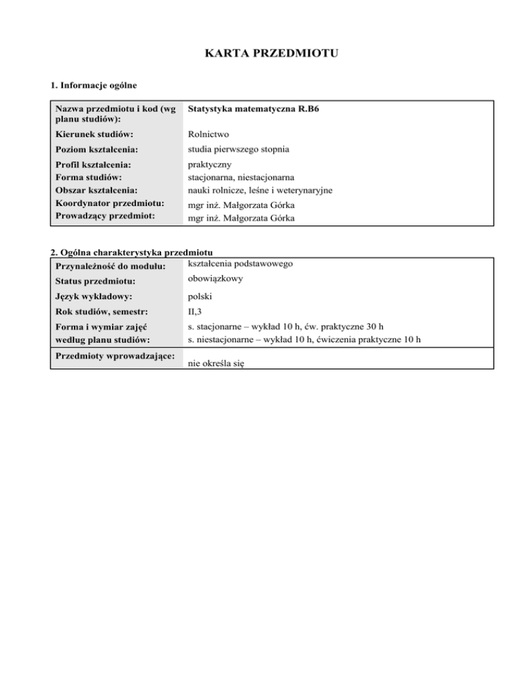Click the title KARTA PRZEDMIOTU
point(265,53)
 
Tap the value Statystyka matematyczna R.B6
point(250,109)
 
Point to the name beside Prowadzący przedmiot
point(236,217)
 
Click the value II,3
point(196,312)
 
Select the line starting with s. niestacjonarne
point(304,339)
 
